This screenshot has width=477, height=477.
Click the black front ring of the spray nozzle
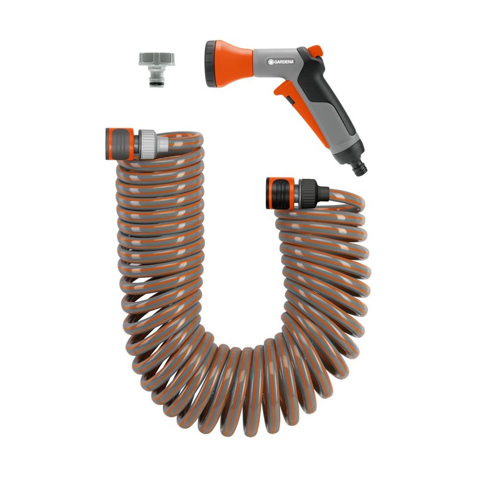tap(210, 64)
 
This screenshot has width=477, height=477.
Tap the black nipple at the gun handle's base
tap(360, 168)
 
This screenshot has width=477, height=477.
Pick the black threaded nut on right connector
tap(309, 193)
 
